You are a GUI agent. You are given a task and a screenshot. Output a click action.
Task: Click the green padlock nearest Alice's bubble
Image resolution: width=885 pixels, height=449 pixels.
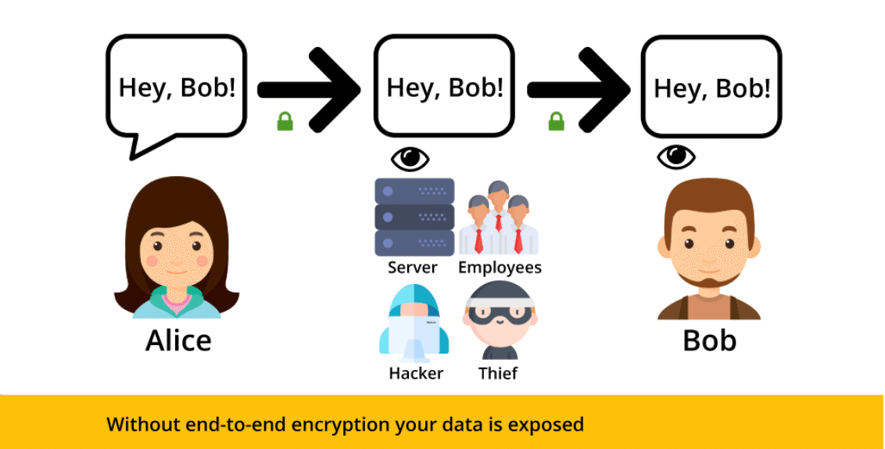pos(285,121)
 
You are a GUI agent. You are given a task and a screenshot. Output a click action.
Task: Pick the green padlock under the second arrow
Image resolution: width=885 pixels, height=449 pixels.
pos(556,121)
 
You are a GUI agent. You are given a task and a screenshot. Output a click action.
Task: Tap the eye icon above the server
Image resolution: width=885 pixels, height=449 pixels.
pos(410,158)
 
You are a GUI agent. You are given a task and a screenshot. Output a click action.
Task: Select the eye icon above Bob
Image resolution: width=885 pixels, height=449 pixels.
pos(676,156)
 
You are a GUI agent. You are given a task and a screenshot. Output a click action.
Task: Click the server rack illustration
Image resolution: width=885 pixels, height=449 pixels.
pos(414,217)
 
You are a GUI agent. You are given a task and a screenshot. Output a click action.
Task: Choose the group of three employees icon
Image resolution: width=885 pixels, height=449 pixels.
pos(498,218)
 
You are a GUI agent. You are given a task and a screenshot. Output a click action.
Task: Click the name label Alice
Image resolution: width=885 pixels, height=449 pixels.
pos(178,341)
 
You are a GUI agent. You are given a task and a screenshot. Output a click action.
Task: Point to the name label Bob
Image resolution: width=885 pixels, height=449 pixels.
pos(709,341)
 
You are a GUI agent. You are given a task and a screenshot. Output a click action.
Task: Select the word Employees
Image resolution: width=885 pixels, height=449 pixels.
pos(500,268)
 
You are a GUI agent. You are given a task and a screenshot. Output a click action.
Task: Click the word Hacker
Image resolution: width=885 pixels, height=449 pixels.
pos(416,373)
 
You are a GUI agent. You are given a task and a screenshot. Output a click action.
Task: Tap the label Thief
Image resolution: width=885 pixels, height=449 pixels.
pos(498,373)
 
